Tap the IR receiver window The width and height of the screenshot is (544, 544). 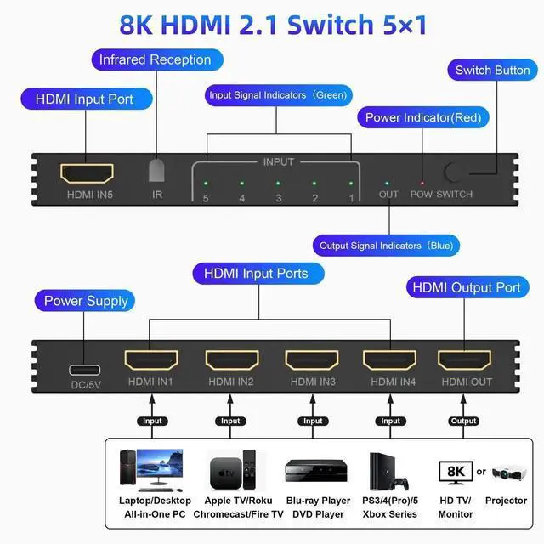click(x=157, y=170)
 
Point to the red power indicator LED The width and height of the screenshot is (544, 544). click(x=421, y=183)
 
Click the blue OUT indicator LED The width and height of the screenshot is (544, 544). click(x=388, y=183)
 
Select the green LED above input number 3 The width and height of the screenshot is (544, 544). click(x=278, y=183)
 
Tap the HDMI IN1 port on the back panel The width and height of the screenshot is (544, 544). click(x=150, y=360)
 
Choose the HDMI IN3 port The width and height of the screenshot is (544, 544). click(x=310, y=360)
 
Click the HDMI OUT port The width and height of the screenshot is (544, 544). click(x=464, y=360)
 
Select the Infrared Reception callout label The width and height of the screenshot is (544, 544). click(x=155, y=59)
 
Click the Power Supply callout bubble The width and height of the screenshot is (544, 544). click(x=86, y=301)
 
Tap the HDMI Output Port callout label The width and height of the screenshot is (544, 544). click(x=466, y=287)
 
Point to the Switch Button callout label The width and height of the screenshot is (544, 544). click(x=493, y=70)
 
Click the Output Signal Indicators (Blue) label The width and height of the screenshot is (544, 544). click(x=386, y=246)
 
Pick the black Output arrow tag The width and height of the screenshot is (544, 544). click(x=464, y=421)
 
